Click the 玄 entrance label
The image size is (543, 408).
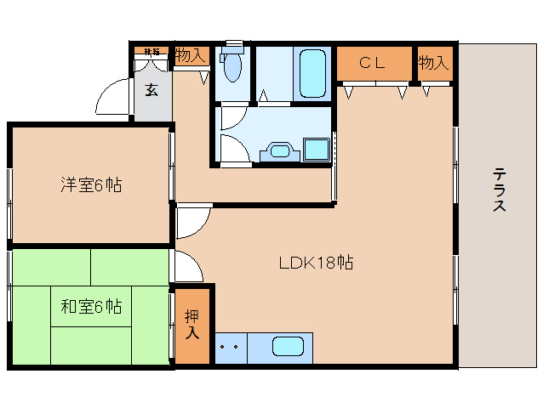coord(151,89)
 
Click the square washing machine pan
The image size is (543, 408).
coord(317,150)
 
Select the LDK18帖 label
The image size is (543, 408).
coord(316,263)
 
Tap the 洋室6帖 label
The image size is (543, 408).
coord(90,184)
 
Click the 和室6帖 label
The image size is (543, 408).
coord(90,306)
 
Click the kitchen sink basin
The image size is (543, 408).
coord(288,348)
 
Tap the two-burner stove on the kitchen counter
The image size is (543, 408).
coord(228,348)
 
